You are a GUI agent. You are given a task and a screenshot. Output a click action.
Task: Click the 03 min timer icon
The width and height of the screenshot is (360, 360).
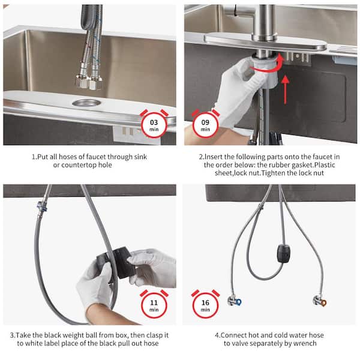point(154,124)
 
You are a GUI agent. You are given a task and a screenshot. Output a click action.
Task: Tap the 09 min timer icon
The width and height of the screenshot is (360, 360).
point(205,124)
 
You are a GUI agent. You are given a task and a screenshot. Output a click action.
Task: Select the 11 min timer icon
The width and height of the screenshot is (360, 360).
point(154,304)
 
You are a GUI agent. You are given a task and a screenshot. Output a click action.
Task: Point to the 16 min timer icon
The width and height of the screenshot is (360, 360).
point(205,304)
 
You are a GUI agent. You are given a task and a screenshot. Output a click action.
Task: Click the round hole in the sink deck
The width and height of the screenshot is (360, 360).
point(86,103)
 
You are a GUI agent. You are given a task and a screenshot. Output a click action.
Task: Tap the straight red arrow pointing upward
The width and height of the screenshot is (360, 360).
point(286,90)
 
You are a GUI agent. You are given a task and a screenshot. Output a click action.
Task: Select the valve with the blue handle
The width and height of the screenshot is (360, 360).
point(235,301)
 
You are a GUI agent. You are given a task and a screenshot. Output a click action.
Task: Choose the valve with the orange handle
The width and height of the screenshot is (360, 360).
point(320,301)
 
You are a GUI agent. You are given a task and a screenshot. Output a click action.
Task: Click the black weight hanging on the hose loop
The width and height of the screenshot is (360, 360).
point(284,253)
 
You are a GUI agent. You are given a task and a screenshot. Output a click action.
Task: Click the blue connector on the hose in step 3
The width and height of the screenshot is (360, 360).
point(42,206)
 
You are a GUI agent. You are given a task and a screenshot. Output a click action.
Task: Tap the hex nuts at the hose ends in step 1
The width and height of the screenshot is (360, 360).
point(89,82)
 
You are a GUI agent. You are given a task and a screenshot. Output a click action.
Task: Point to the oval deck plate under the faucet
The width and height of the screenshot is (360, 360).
point(265,41)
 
